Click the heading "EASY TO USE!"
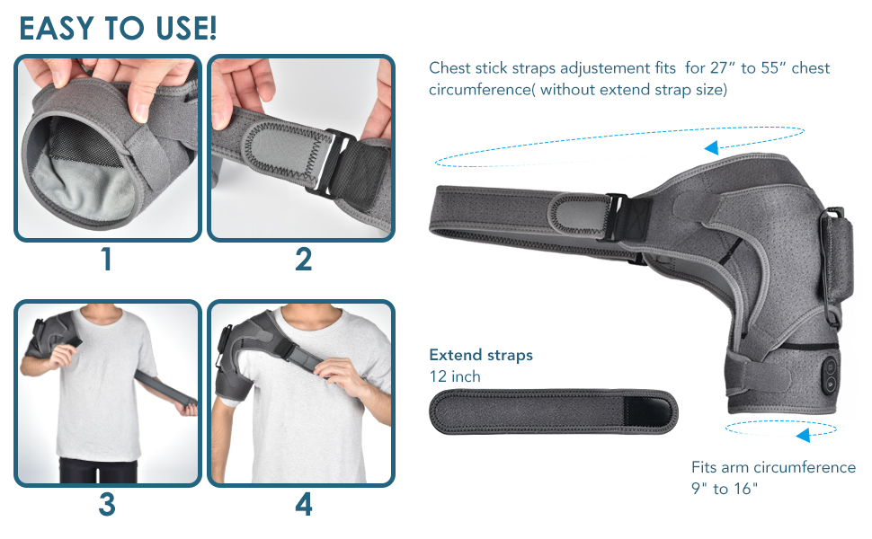point(118,28)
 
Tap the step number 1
point(106,260)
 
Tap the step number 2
point(303,260)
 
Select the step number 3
point(106,505)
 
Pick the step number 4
point(303,505)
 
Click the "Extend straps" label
point(480,355)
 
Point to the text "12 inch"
point(455,376)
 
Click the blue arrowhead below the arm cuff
point(803,436)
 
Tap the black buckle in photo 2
point(330,160)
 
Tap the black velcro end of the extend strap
point(646,411)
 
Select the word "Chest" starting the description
point(449,68)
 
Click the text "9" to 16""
point(725,490)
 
